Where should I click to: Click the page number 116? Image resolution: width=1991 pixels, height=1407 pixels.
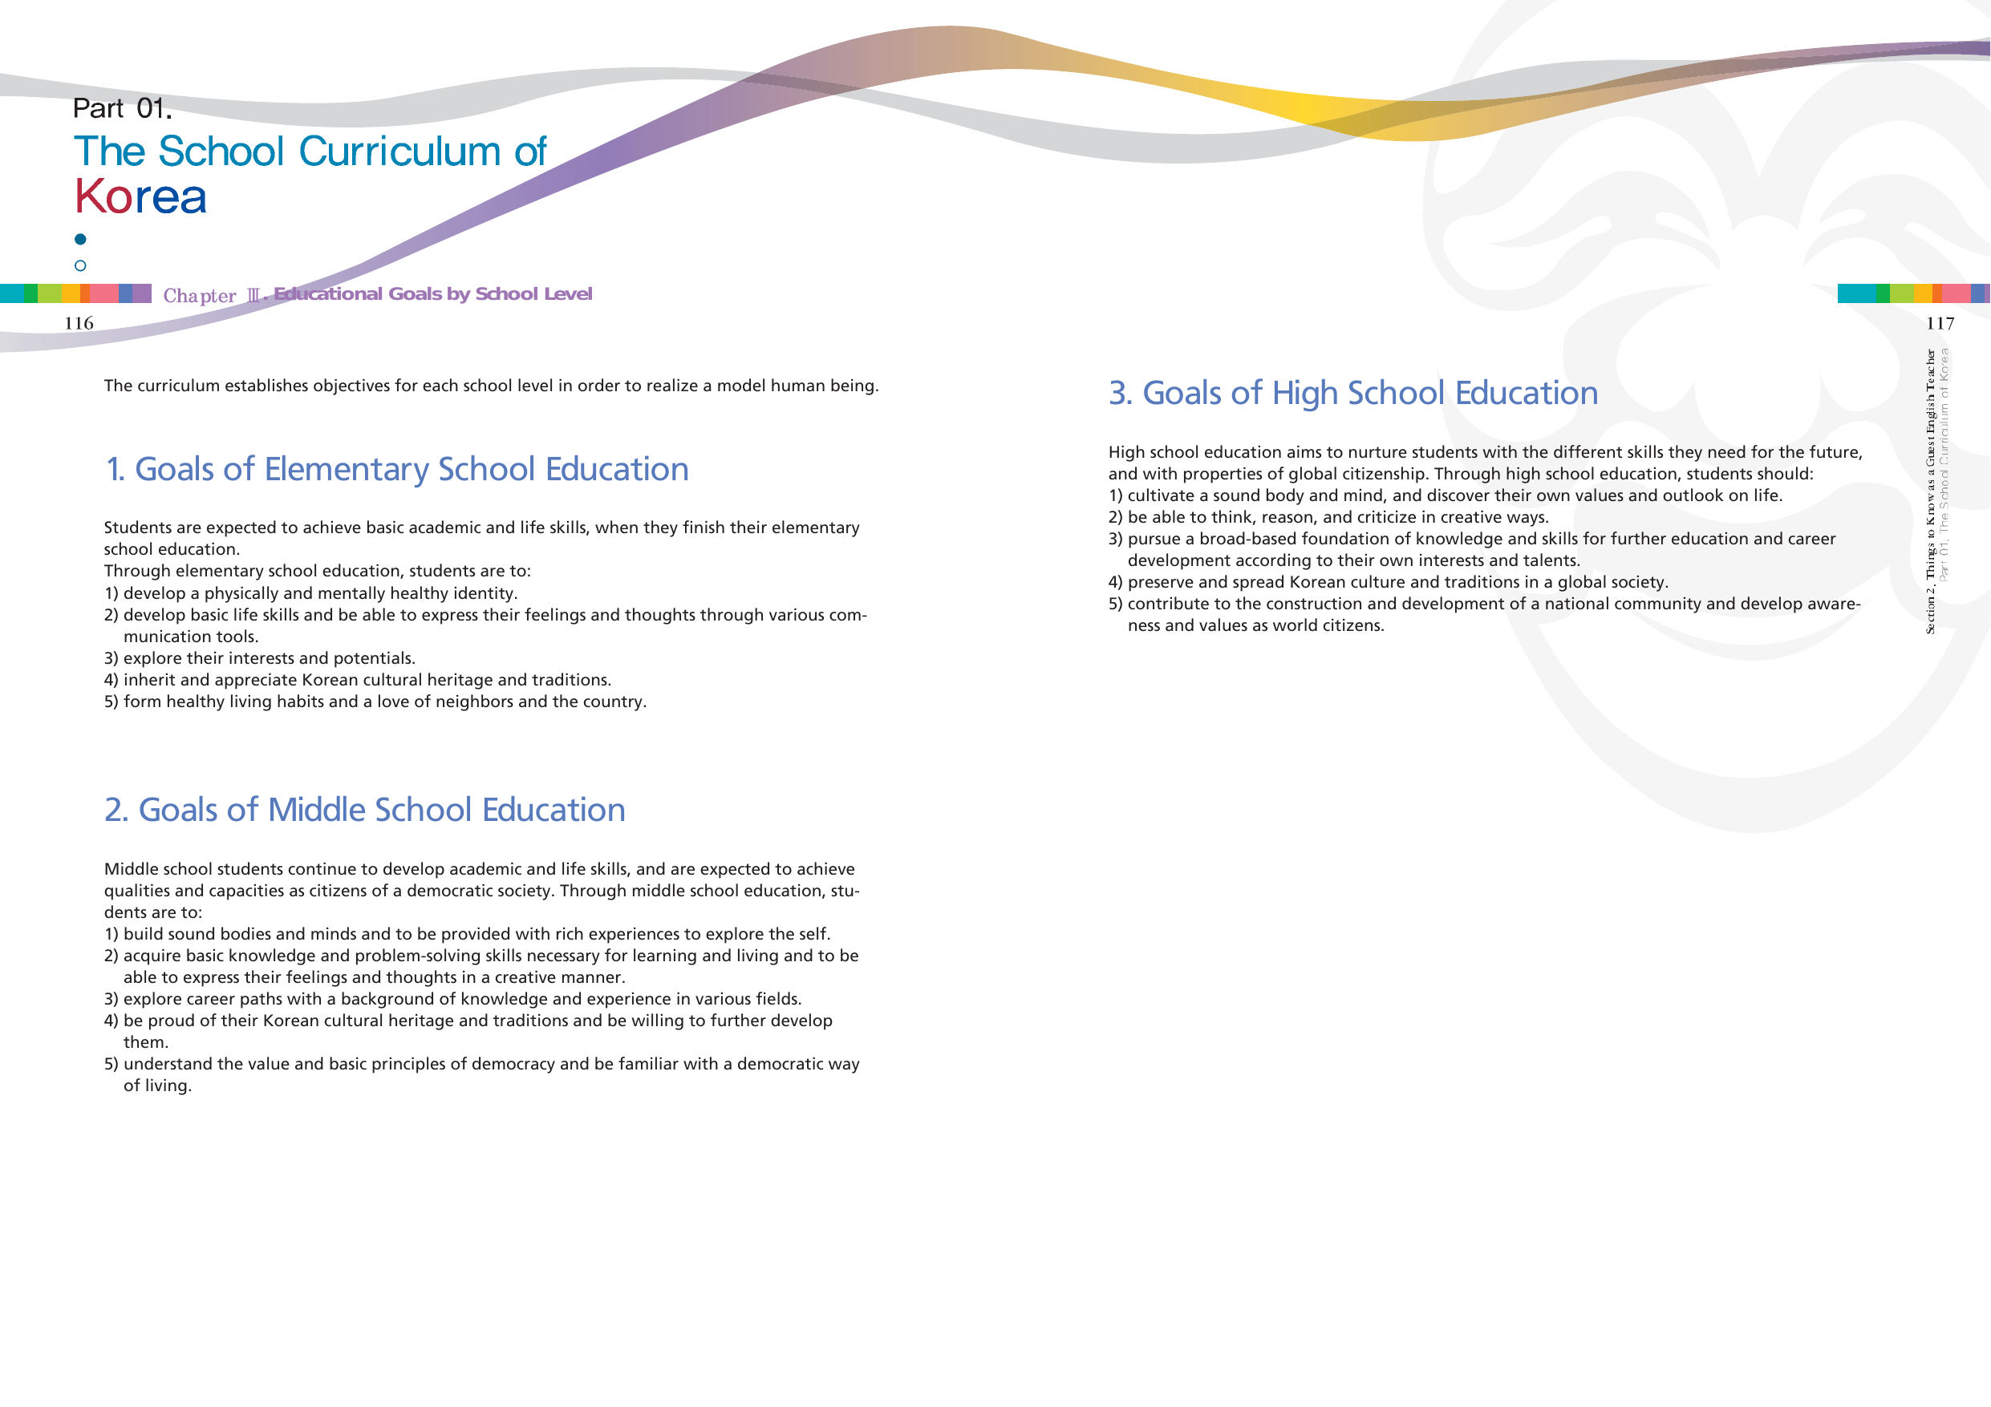click(79, 323)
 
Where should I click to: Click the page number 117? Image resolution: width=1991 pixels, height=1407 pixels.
click(1940, 324)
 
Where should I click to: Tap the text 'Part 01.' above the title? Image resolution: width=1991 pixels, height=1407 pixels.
click(122, 108)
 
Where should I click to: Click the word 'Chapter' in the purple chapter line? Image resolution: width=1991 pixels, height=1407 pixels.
click(200, 296)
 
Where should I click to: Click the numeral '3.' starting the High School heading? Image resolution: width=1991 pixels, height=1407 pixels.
click(1121, 394)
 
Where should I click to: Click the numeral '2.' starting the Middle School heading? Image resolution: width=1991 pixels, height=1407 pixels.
click(116, 811)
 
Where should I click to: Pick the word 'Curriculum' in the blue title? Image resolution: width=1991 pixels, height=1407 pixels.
click(399, 152)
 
